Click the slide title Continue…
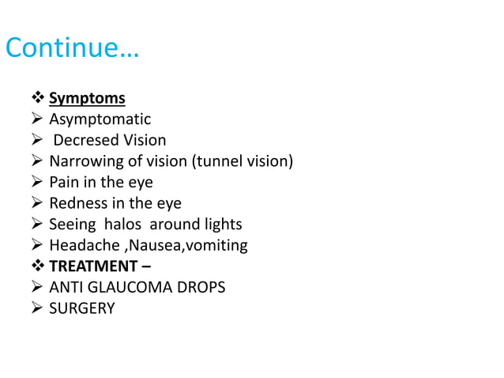(x=72, y=47)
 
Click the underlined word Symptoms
(x=87, y=99)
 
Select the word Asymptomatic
(x=100, y=120)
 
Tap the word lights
(x=220, y=225)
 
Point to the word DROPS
(x=205, y=287)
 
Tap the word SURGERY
(x=81, y=308)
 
